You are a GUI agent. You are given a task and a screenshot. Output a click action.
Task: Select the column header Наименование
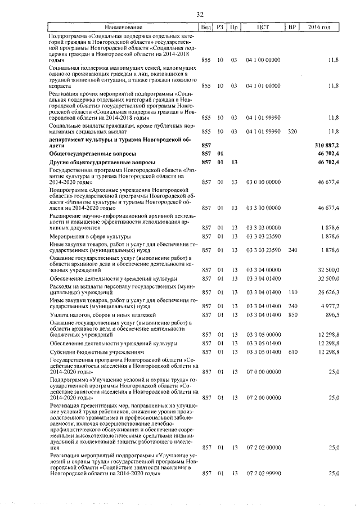coord(123,26)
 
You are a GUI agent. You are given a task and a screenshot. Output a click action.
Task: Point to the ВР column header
coord(291,26)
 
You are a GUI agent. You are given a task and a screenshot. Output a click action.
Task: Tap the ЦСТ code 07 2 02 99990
coord(263,474)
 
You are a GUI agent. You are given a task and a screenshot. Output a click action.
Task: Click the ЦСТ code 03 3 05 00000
coord(263,335)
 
